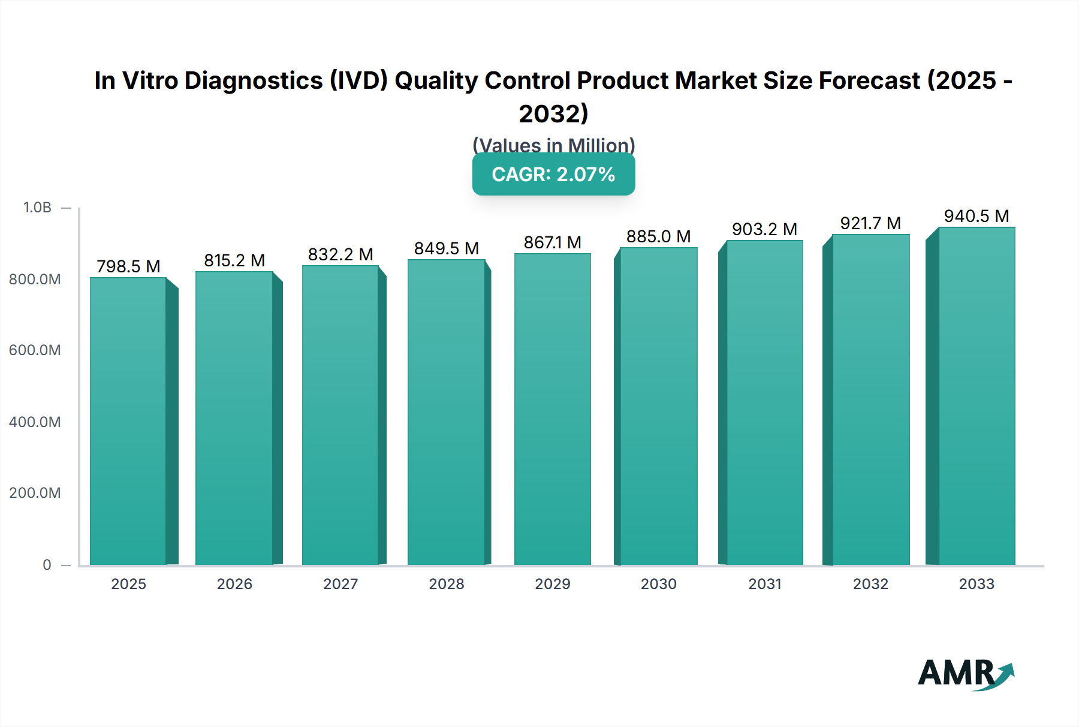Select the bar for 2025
[128, 421]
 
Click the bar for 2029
[553, 409]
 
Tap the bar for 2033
[976, 396]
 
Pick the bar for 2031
[764, 402]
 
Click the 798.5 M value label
[128, 266]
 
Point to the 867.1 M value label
[553, 242]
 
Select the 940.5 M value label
[976, 216]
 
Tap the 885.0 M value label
[658, 236]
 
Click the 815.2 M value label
[234, 260]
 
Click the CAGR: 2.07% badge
[553, 175]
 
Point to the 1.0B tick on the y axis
[37, 208]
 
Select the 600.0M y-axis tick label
[35, 350]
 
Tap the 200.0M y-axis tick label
[35, 493]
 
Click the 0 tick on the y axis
[47, 565]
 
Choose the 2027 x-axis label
[340, 584]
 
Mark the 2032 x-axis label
[870, 584]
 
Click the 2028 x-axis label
[447, 584]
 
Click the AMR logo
[965, 675]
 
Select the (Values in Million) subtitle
[553, 145]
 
